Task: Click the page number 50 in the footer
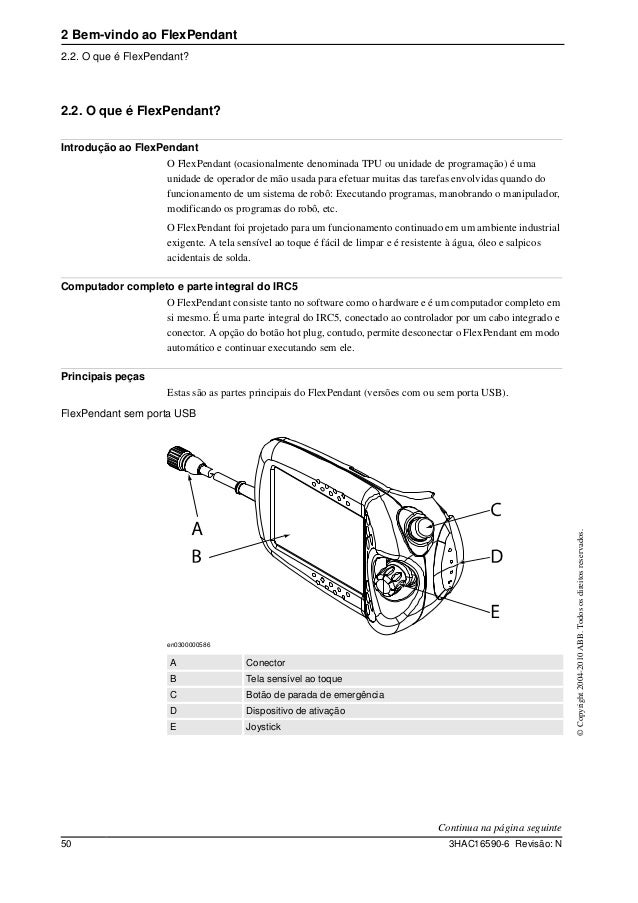tap(67, 847)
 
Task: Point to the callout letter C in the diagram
tap(495, 511)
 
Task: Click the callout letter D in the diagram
tap(495, 555)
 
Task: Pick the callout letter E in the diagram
tap(494, 608)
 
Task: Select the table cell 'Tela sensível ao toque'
tap(292, 679)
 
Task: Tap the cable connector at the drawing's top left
tap(179, 462)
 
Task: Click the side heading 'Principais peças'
tap(103, 376)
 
